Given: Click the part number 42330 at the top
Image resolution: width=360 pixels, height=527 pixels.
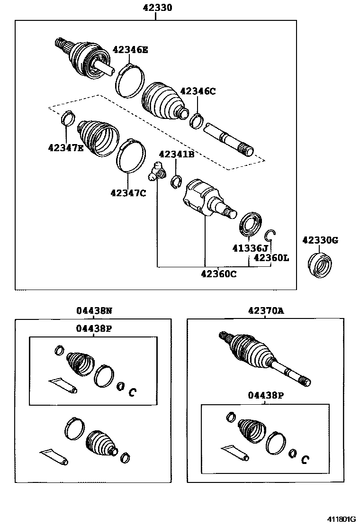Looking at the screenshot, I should coord(157,8).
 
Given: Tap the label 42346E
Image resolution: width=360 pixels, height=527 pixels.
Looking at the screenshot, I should coord(130,49).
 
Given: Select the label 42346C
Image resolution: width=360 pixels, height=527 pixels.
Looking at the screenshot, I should coord(198,91).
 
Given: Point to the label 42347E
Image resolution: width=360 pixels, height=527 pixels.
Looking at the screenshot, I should coord(66,147).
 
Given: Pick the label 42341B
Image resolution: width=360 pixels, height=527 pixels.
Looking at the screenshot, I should coord(176,154).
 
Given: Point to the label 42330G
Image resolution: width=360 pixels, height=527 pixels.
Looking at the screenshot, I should coord(320,240).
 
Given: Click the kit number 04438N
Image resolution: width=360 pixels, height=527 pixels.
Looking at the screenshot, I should coord(94,311).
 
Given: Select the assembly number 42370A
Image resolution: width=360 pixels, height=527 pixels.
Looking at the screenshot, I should coord(265,311).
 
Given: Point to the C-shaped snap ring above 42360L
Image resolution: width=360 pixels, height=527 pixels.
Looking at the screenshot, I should coord(270,235).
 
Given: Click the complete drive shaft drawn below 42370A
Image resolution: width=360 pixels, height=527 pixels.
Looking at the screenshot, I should coord(263,358).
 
